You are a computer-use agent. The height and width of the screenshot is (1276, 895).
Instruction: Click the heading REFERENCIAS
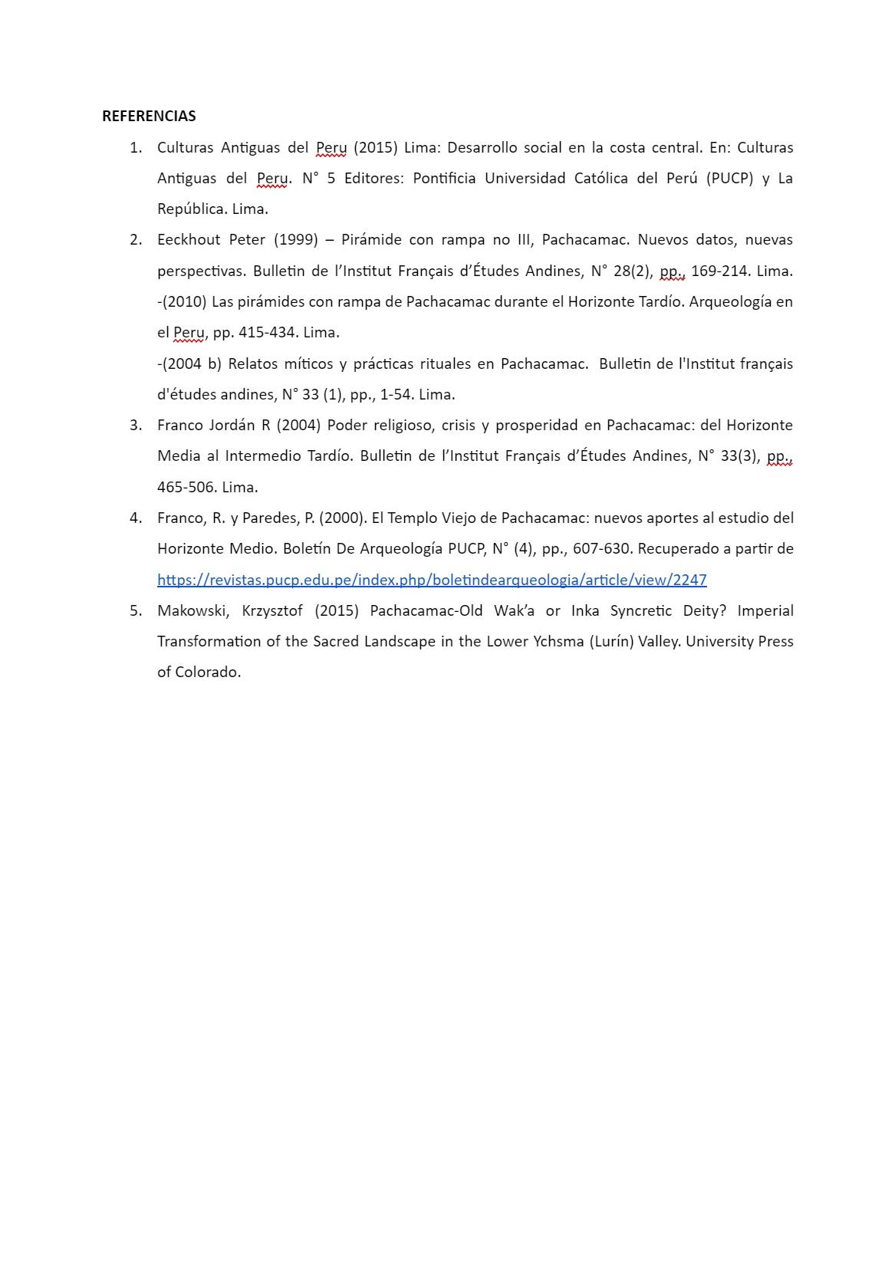point(149,116)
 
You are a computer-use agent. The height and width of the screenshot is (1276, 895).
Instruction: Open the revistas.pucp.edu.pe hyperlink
point(432,580)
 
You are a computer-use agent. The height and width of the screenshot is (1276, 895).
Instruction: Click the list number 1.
point(136,147)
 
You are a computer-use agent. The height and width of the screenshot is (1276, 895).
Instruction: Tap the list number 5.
point(136,610)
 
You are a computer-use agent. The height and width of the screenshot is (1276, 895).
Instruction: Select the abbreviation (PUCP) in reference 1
point(730,178)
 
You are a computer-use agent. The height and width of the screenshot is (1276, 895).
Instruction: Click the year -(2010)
point(183,301)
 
